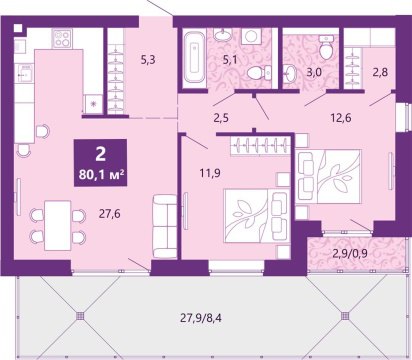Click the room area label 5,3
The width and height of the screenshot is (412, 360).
(x=148, y=60)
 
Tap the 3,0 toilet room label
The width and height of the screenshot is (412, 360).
(x=314, y=73)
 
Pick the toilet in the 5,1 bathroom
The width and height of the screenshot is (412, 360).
(x=259, y=73)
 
